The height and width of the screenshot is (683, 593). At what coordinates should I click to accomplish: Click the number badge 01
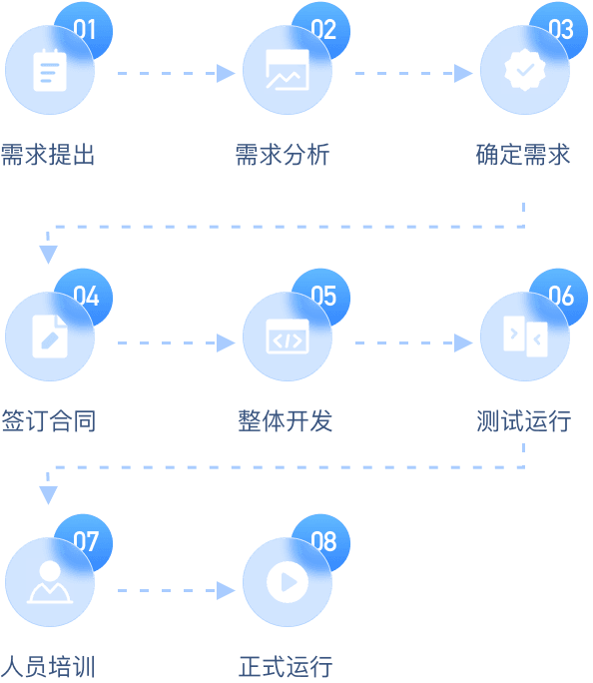[x=85, y=30]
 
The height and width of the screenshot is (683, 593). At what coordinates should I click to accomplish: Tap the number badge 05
[x=322, y=297]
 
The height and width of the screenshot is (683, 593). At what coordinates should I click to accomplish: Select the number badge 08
[x=322, y=542]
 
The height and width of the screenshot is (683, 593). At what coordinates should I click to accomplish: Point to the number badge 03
[x=560, y=30]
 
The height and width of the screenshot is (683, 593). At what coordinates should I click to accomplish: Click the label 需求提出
[x=48, y=155]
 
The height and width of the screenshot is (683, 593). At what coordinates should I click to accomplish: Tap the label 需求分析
[x=283, y=155]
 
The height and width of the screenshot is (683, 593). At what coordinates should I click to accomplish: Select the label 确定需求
[x=523, y=155]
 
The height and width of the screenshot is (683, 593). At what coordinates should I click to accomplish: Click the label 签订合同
[x=49, y=420]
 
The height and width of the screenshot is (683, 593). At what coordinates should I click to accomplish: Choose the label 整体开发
[x=286, y=420]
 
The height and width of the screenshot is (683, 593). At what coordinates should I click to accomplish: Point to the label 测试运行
[x=524, y=420]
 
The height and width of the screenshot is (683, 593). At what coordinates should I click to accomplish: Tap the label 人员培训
[x=48, y=666]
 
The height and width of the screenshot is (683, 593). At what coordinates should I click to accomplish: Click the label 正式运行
[x=286, y=666]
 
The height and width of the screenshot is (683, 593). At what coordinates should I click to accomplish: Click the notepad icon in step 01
[x=50, y=70]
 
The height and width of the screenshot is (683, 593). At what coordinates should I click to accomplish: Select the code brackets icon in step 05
[x=288, y=337]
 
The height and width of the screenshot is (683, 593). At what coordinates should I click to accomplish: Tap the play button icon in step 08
[x=288, y=582]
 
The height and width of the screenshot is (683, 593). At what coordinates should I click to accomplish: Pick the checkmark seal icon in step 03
[x=525, y=70]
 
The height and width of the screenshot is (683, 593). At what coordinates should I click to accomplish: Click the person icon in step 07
[x=50, y=582]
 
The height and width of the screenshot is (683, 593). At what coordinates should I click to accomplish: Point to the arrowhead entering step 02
[x=226, y=73]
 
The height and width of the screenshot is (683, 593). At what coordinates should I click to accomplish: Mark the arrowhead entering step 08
[x=226, y=591]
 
